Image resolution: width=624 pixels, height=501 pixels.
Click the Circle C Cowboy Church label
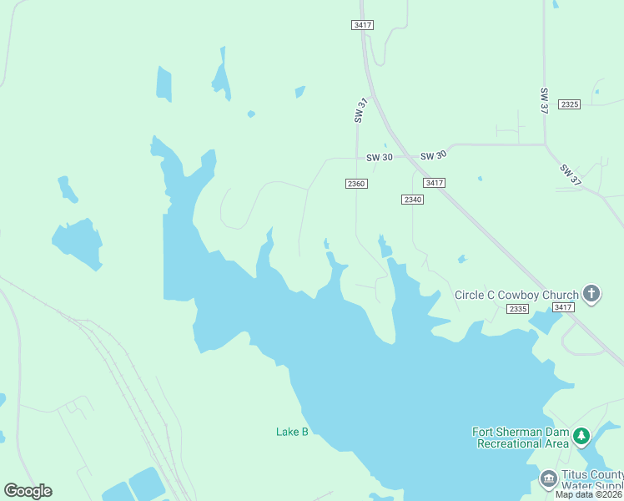coord(516,295)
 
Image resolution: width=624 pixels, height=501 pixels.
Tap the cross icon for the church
coord(591,293)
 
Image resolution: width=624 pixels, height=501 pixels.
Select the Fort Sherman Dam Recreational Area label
coord(521,438)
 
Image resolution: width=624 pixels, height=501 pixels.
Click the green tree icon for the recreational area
coord(581,436)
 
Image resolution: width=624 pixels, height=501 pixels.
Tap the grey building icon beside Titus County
coord(549,478)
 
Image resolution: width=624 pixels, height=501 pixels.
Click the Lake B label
coord(292,432)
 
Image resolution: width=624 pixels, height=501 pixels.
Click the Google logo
coord(28,491)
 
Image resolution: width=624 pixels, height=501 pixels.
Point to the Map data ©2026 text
coord(589,494)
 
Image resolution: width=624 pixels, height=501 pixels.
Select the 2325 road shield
coord(570,104)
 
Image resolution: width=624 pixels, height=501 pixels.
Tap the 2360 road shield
coord(356,184)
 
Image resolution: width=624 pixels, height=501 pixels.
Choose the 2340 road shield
coord(412,200)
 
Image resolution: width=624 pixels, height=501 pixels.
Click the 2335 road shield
coord(517,309)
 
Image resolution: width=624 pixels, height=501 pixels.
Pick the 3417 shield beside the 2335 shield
coord(563,307)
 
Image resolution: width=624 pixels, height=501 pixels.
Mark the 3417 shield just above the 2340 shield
coord(434,183)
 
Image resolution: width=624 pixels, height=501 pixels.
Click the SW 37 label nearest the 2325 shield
coord(545,101)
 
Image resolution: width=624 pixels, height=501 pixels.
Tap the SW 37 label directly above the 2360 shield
coord(360,112)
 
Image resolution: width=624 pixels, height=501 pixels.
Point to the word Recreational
coord(511,443)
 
